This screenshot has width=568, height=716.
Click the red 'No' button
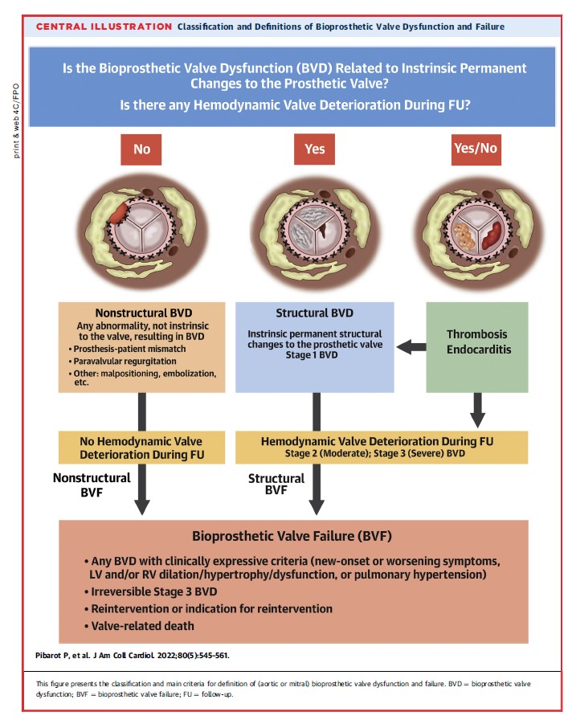tap(142, 149)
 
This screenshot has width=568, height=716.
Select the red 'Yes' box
tap(316, 149)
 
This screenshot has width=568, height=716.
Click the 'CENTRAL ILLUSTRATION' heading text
tap(104, 27)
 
